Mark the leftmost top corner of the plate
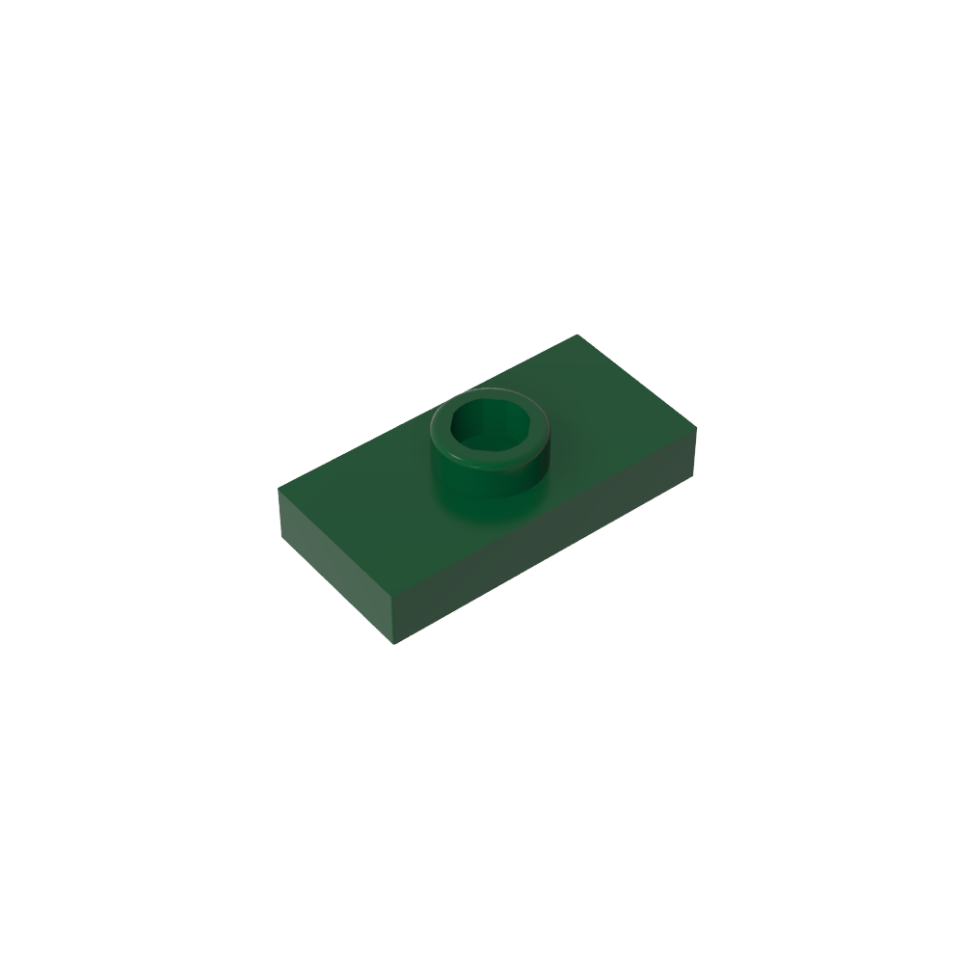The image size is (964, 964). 279,487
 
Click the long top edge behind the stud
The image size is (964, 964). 428,410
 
